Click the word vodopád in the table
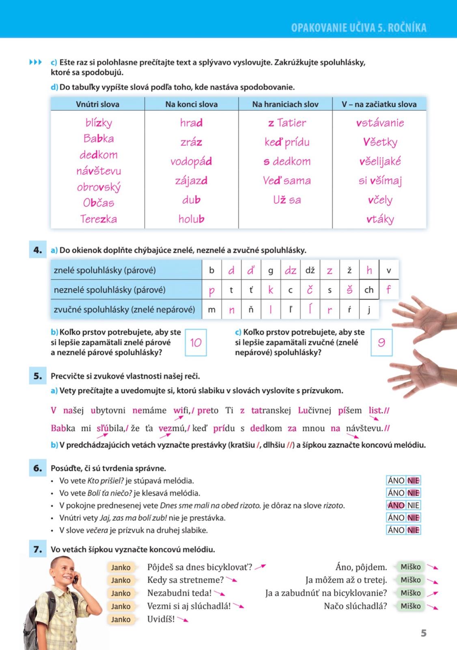pyautogui.click(x=191, y=162)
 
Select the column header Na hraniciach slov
pyautogui.click(x=285, y=104)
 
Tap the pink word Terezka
pyautogui.click(x=99, y=219)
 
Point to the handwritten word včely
pyautogui.click(x=380, y=200)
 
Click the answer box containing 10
pyautogui.click(x=196, y=342)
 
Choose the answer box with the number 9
pyautogui.click(x=382, y=342)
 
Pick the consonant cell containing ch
pyautogui.click(x=369, y=290)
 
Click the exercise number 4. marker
pyautogui.click(x=38, y=250)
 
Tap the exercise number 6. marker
pyautogui.click(x=38, y=468)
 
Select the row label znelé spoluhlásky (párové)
pyautogui.click(x=105, y=270)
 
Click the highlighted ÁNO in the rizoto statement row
pyautogui.click(x=396, y=505)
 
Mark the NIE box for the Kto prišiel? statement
pyautogui.click(x=413, y=481)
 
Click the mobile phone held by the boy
pyautogui.click(x=76, y=579)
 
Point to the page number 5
pyautogui.click(x=424, y=633)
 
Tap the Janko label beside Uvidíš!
pyautogui.click(x=121, y=619)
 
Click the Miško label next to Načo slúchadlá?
pyautogui.click(x=411, y=606)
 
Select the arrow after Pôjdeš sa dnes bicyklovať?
pyautogui.click(x=260, y=566)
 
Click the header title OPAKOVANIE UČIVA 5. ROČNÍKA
pyautogui.click(x=359, y=28)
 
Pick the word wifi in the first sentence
pyautogui.click(x=181, y=410)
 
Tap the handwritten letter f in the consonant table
pyautogui.click(x=389, y=290)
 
